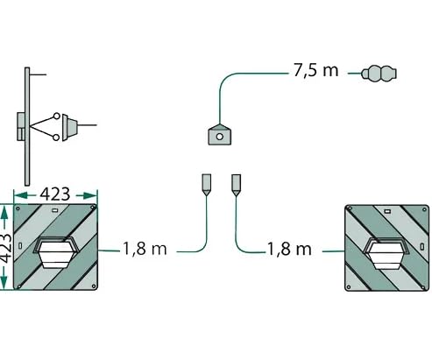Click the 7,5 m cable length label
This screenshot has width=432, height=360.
click(x=315, y=71)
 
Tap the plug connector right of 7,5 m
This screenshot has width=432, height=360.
click(x=379, y=74)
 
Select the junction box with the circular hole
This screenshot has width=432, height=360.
click(x=220, y=135)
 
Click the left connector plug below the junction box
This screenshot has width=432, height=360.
click(x=207, y=185)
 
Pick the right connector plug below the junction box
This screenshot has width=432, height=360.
click(x=236, y=185)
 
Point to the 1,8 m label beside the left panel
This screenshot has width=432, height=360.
click(x=145, y=249)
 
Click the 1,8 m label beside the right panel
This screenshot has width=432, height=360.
click(x=289, y=249)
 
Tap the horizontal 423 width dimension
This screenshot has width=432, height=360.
click(x=55, y=194)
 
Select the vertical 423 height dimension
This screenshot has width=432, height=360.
click(x=6, y=248)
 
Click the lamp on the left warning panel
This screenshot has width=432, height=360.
click(x=56, y=252)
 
